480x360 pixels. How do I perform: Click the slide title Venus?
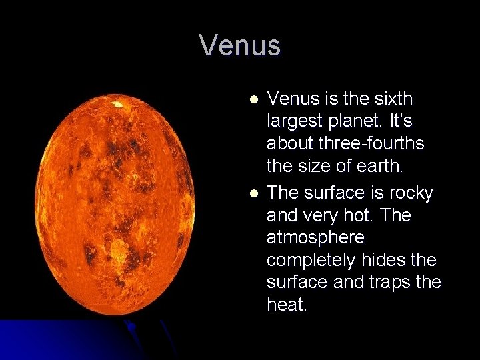(240, 45)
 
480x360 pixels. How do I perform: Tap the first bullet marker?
(253, 99)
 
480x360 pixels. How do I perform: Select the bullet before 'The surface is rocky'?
(253, 193)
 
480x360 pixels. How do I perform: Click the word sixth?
(394, 99)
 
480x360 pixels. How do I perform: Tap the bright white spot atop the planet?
(117, 104)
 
